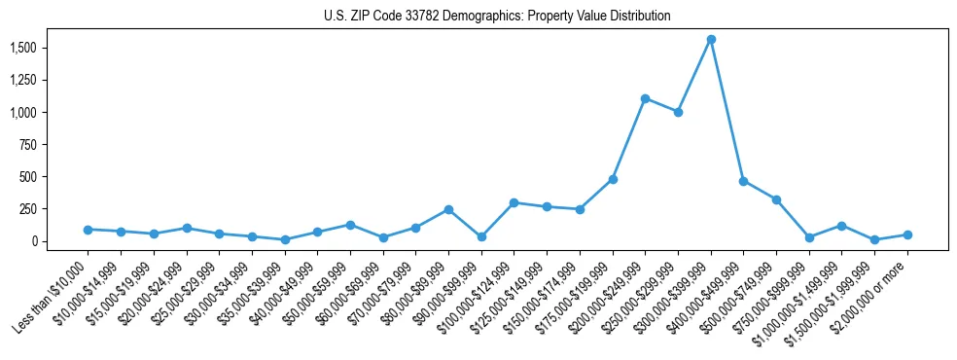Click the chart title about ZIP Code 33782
click(497, 17)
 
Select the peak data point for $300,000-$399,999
click(711, 40)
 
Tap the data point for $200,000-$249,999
click(645, 98)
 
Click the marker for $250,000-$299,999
click(678, 112)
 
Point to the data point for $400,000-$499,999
click(743, 181)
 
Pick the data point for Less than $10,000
click(88, 230)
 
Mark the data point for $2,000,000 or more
click(907, 234)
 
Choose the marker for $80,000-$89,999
click(448, 209)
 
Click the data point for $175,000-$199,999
click(613, 179)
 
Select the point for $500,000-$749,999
click(776, 199)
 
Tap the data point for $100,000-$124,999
click(514, 202)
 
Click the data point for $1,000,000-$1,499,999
click(841, 226)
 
